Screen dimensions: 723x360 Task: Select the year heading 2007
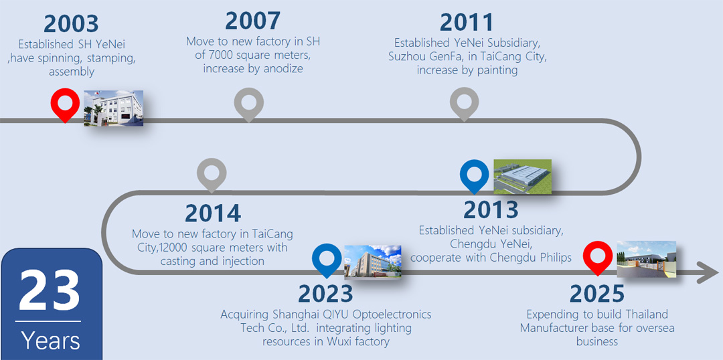252,21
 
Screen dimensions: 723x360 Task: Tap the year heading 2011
467,23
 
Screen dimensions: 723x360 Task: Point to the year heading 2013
491,209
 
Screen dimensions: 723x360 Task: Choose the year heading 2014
213,213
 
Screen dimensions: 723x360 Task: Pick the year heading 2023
325,293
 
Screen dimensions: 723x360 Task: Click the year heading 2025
597,293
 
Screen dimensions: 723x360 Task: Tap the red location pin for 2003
65,105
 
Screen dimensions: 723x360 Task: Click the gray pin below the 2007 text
249,104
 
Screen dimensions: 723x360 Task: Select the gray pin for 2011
465,104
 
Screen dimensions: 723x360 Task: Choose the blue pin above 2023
327,260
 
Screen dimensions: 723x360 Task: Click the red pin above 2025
598,259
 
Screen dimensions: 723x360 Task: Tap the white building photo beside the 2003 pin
113,108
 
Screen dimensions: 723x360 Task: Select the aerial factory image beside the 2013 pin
522,176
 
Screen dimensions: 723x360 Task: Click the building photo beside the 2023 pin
373,262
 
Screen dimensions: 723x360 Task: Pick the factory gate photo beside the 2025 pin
647,259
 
